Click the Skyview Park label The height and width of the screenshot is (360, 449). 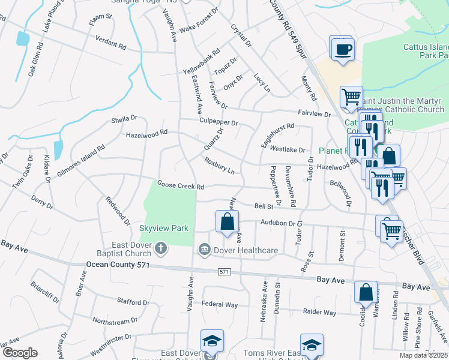(164, 228)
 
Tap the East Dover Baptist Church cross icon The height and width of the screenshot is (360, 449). (160, 248)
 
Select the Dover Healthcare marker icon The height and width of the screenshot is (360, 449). (204, 249)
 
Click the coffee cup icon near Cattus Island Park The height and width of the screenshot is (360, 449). (343, 49)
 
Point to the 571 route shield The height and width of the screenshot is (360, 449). (224, 272)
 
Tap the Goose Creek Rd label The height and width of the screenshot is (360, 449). (181, 185)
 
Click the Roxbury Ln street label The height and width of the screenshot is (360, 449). (218, 166)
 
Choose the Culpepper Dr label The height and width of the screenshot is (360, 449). (218, 122)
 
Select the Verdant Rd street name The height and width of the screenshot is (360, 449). (111, 42)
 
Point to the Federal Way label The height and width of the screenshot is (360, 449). (220, 305)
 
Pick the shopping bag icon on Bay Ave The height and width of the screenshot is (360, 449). (366, 293)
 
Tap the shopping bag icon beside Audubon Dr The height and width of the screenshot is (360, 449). (228, 222)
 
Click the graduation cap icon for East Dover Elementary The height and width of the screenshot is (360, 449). (212, 341)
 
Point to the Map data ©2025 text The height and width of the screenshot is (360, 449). (424, 355)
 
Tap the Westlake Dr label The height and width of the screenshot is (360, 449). (288, 149)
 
